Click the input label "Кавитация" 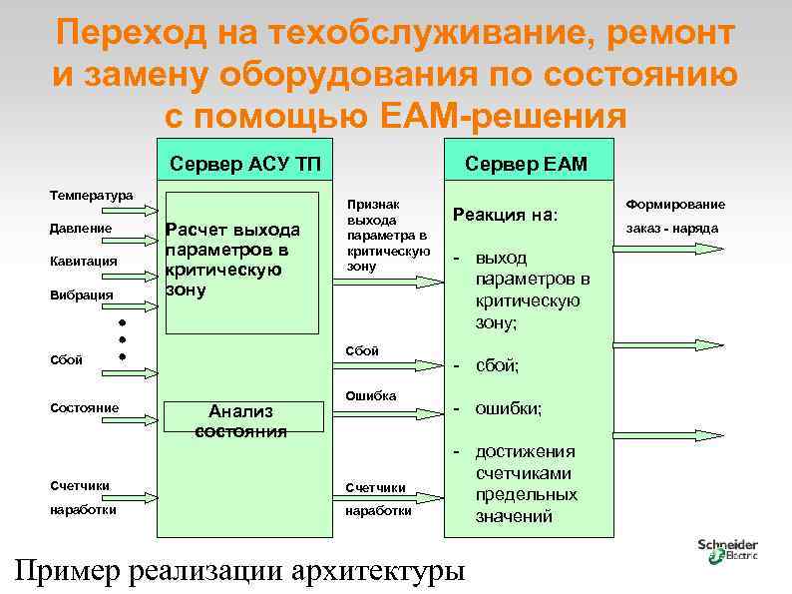(84, 262)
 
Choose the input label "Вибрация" (80, 296)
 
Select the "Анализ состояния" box (240, 421)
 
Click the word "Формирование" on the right (675, 204)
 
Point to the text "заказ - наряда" (672, 229)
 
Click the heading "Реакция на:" (506, 215)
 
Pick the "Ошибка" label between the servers (370, 396)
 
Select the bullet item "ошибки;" (509, 409)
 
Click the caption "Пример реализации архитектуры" (240, 571)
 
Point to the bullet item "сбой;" (497, 366)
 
